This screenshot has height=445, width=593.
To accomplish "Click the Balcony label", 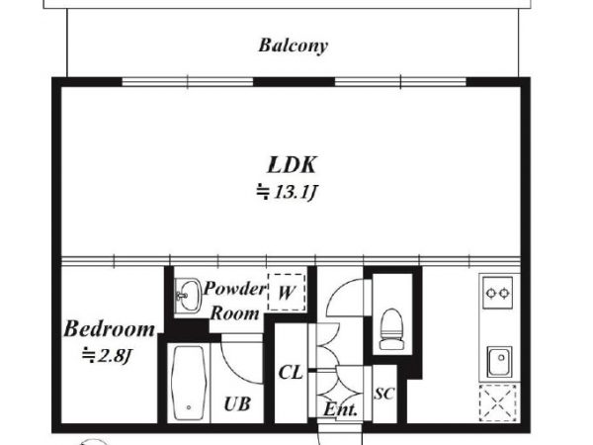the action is point(294,45).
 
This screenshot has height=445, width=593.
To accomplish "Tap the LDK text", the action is point(292,165).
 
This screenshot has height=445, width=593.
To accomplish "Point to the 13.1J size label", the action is point(286,192).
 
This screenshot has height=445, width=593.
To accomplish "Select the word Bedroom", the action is point(110,329).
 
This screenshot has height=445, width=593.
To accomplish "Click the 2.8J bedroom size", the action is point(107,356).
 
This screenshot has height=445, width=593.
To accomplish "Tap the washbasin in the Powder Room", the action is point(188,296).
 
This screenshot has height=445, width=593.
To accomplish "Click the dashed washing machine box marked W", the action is point(287,293).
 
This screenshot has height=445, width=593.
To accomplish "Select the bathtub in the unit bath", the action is point(189,383).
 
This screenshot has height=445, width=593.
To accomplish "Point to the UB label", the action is point(237,404).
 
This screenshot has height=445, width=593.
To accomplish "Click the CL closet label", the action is point(291,373).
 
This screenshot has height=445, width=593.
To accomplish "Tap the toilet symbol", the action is point(391,328).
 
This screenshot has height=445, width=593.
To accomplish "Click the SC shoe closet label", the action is point(384,394).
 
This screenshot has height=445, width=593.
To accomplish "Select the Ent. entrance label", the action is point(340,409).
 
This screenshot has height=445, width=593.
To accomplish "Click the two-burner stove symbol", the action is point(498,293).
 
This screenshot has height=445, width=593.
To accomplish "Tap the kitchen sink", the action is point(499,361).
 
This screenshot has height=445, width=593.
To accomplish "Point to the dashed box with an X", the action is point(498,402).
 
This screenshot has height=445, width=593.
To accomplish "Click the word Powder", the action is point(235,289).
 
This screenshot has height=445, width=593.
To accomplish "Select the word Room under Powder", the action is point(235,313).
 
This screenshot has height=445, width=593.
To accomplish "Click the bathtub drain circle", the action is point(189,407).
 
